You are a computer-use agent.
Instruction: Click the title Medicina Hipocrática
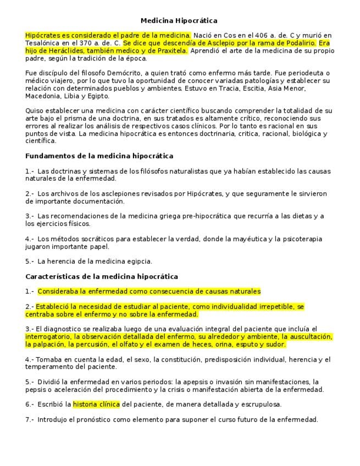[x=179, y=21]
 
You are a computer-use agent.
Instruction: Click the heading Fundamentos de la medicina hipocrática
[x=99, y=156]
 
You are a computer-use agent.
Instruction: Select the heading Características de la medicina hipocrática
[x=102, y=276]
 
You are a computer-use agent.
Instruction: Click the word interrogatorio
[x=48, y=337]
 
